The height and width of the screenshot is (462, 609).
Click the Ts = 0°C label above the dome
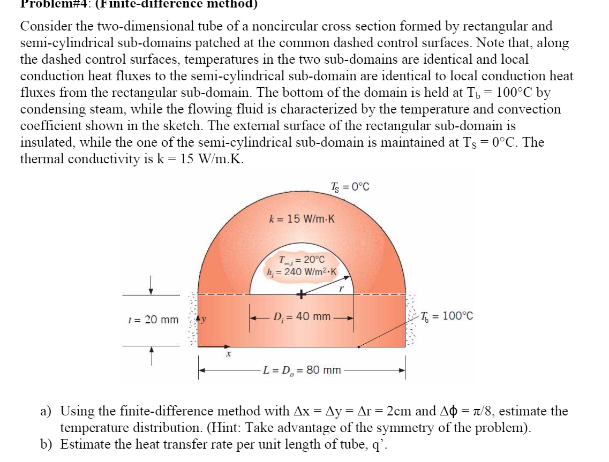click(350, 187)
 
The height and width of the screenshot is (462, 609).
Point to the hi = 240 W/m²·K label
click(302, 271)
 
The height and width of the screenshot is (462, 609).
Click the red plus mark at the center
click(302, 294)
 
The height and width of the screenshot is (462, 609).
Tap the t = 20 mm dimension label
click(154, 320)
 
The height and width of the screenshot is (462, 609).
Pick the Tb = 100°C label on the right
click(447, 316)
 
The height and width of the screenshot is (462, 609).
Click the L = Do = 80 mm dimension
click(302, 370)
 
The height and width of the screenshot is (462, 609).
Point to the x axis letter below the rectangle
click(228, 354)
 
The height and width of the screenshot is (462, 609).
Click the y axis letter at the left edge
click(205, 319)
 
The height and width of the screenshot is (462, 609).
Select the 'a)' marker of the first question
click(47, 412)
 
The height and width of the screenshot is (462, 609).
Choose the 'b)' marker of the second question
click(47, 445)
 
